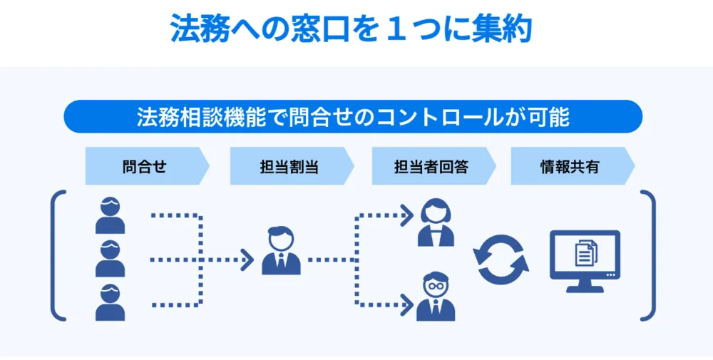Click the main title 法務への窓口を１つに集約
click(x=351, y=29)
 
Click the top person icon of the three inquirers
click(x=111, y=216)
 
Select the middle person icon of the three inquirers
click(x=111, y=259)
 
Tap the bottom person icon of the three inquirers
click(x=111, y=302)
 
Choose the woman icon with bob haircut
click(x=435, y=222)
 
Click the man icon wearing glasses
click(x=435, y=295)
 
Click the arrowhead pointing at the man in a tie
click(x=247, y=260)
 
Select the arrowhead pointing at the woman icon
click(x=406, y=212)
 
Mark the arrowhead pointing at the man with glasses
click(x=406, y=305)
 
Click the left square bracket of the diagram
click(x=56, y=254)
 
